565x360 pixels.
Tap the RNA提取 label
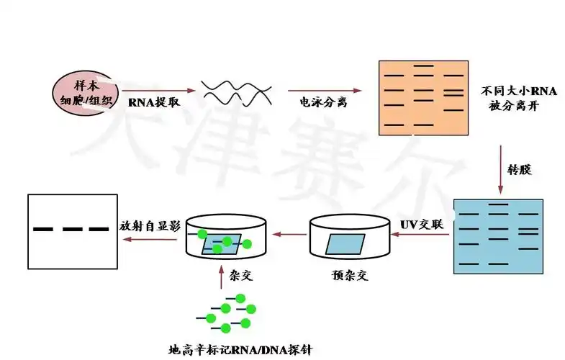pos(154,103)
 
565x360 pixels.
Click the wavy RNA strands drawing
pos(235,91)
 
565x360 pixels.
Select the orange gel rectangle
pos(424,98)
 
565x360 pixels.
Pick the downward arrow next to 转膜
pos(501,170)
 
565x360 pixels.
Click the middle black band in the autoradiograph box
pos(72,230)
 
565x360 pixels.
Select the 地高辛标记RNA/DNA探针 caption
pos(240,351)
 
